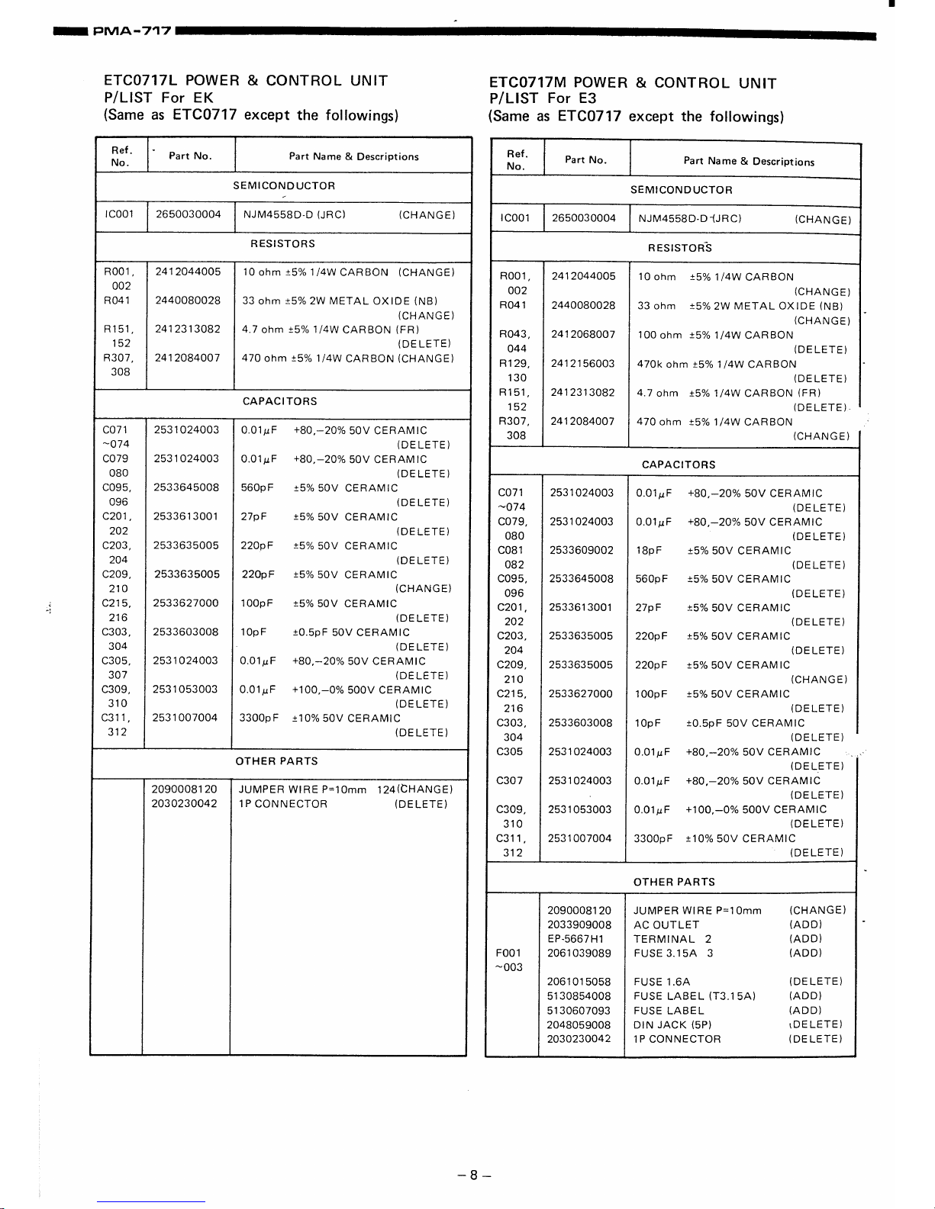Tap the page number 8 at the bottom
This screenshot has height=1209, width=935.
(473, 1175)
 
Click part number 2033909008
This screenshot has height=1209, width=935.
(579, 924)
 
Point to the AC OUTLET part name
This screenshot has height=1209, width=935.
(666, 924)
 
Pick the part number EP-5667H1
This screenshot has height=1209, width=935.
(576, 939)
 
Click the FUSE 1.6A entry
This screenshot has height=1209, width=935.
(662, 982)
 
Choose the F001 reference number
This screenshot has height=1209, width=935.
(509, 953)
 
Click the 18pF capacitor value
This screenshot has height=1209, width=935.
(649, 551)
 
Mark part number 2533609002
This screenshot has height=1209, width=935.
(581, 551)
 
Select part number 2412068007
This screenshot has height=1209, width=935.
(583, 335)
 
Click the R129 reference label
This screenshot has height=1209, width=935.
(514, 364)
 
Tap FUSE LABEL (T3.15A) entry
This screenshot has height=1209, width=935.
(695, 996)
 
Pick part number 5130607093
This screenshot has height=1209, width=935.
(579, 1011)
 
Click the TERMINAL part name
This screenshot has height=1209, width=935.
(664, 939)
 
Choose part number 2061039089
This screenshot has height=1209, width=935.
(579, 953)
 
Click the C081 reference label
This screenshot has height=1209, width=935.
(511, 551)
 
